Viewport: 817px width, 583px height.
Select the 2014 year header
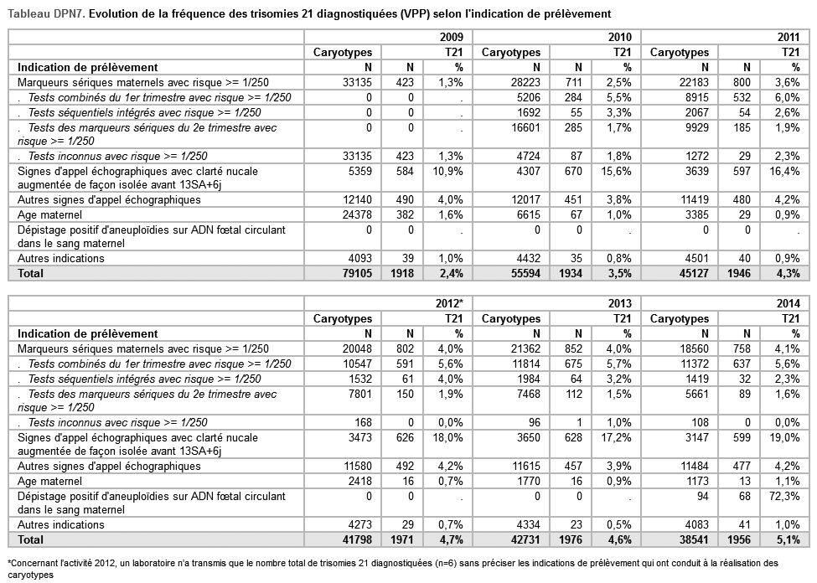pos(789,303)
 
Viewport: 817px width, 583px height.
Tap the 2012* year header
pos(450,303)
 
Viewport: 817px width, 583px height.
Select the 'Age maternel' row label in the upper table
pos(49,215)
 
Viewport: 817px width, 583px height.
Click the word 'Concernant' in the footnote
pos(35,563)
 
